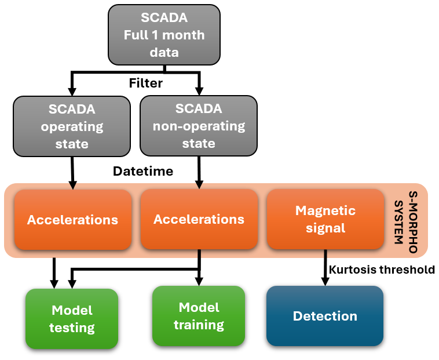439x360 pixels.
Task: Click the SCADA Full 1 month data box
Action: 164,35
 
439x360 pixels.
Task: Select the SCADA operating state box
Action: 72,126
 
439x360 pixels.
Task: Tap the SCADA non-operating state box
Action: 199,126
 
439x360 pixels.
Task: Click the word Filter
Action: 145,83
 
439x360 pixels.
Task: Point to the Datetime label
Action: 142,172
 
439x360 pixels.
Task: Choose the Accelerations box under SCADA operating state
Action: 72,220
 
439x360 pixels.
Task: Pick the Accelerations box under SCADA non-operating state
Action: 199,220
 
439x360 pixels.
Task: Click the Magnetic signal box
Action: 325,220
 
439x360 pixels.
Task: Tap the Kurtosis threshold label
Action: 382,269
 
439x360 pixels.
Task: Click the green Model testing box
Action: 72,319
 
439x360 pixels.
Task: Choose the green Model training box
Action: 199,316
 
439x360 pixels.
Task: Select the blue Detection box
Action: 325,316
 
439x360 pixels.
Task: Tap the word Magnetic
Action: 325,210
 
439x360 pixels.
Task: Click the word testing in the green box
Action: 72,328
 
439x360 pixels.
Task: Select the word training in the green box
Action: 199,325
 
